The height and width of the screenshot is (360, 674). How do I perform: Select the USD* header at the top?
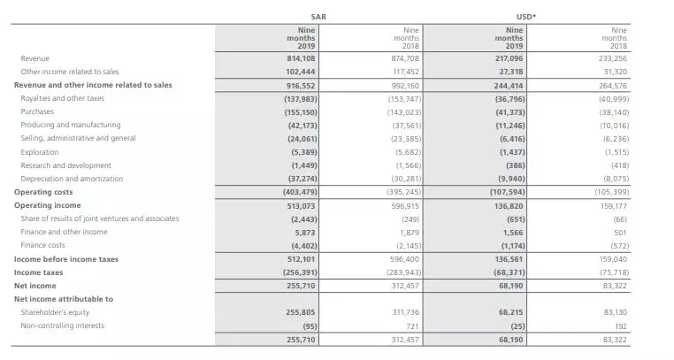(522, 15)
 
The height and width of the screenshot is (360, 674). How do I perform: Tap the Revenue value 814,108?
(303, 57)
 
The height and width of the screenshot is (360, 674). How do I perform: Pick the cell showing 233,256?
(612, 57)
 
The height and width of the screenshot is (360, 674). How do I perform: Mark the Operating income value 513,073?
(302, 205)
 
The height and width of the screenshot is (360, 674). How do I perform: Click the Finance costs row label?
(43, 245)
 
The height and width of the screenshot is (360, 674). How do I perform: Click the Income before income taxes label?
(66, 259)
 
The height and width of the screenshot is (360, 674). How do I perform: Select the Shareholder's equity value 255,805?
(302, 312)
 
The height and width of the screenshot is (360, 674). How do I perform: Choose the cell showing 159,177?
(612, 205)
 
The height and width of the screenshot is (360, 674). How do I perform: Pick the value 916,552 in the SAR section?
(302, 85)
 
